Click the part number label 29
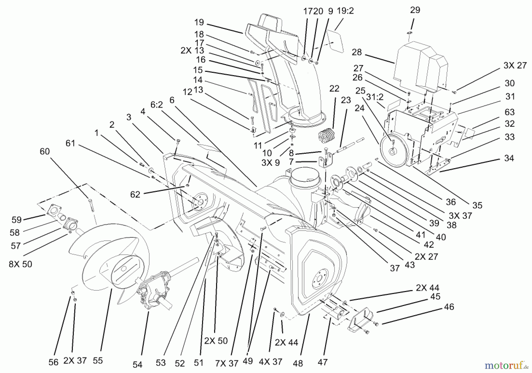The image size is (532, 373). [x=415, y=10]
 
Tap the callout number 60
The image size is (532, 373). [x=45, y=152]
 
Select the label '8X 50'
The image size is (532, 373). [x=20, y=264]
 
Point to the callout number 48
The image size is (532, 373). [x=298, y=363]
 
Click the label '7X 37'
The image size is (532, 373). [x=227, y=363]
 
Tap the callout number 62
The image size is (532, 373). [x=135, y=195]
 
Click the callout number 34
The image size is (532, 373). [x=509, y=158]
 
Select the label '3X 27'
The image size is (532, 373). [x=515, y=65]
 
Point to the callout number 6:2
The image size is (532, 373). [x=157, y=105]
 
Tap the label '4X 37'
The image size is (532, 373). [x=270, y=361]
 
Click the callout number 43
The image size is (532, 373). [x=410, y=265]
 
